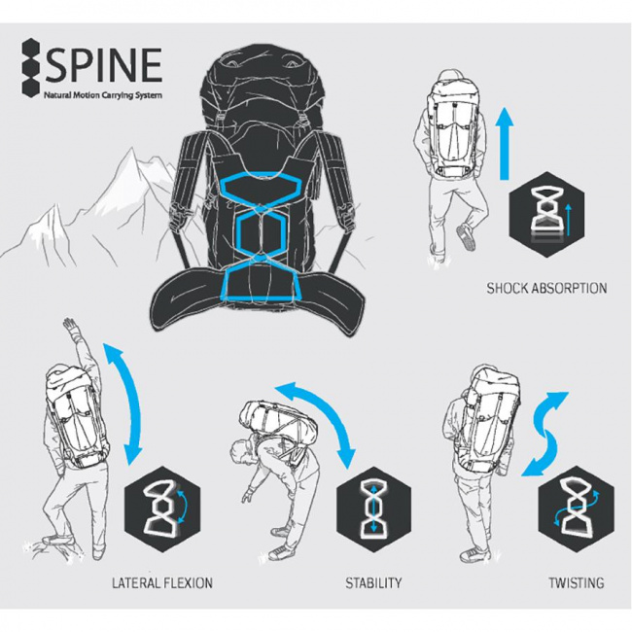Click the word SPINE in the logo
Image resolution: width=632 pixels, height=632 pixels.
pos(104,65)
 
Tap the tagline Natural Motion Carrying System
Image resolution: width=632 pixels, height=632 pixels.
pos(103,95)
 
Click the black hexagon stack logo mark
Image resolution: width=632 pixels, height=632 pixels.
pos(32,67)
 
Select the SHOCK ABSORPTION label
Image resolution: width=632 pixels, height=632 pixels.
pos(546,288)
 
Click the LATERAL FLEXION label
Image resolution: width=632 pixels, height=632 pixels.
pos(162,582)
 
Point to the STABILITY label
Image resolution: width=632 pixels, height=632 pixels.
pos(373,582)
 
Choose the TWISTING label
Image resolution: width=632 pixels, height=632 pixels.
pos(577,582)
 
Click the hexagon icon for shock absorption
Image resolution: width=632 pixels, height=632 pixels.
pos(546,215)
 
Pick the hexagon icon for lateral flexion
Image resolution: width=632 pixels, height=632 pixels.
pos(162,509)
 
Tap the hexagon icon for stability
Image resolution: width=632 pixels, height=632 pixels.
pos(373,509)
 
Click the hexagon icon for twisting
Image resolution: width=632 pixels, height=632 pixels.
pos(577,509)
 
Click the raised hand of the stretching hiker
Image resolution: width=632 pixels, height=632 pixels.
pos(70,324)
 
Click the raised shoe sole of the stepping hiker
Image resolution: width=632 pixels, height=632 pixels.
pos(465,237)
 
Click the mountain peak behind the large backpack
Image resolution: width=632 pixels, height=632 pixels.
pos(131,150)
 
